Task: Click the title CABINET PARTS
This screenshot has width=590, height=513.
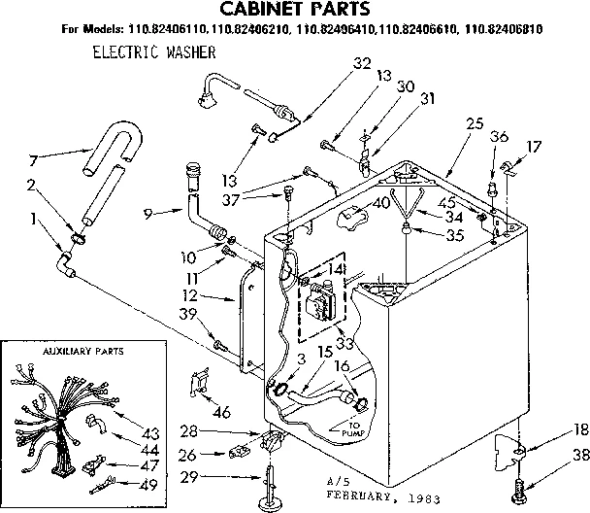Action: coord(296,11)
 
